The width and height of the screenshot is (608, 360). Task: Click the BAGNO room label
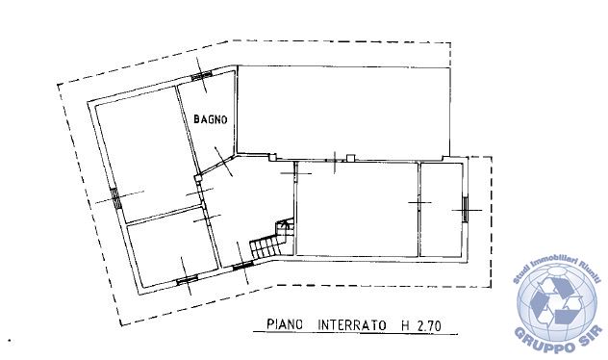pyautogui.click(x=210, y=118)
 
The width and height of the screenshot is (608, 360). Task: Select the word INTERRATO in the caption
pyautogui.click(x=352, y=325)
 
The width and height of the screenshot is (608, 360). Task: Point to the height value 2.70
pyautogui.click(x=429, y=325)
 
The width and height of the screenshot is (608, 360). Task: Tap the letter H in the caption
pyautogui.click(x=404, y=325)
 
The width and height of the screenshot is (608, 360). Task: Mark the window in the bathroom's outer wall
pyautogui.click(x=202, y=76)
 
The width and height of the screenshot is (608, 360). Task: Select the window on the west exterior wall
pyautogui.click(x=115, y=198)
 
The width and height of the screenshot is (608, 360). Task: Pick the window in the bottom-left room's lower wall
pyautogui.click(x=188, y=279)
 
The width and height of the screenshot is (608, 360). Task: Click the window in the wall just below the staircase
pyautogui.click(x=243, y=266)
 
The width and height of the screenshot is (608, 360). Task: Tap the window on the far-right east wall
pyautogui.click(x=466, y=210)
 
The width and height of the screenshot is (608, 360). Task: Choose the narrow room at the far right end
pyautogui.click(x=442, y=210)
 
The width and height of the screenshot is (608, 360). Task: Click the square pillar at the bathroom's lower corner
pyautogui.click(x=198, y=178)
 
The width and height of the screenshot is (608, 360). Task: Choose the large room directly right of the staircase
pyautogui.click(x=357, y=209)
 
